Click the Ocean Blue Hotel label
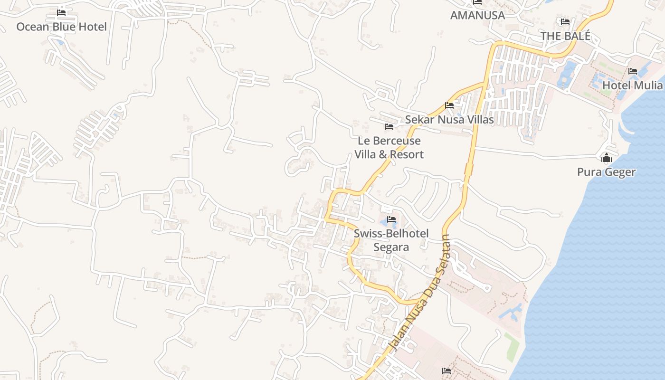[61, 27]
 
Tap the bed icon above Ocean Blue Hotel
[61, 12]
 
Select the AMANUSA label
[477, 15]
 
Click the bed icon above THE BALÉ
[565, 22]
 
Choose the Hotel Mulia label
[632, 85]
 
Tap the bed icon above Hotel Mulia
[632, 71]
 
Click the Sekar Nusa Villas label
[449, 120]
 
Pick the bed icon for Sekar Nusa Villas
[449, 105]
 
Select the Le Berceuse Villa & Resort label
[389, 148]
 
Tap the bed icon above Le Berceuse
[389, 127]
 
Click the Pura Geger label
[606, 172]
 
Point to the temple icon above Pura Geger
[606, 158]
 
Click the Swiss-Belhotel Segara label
[391, 240]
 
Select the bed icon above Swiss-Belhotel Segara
[391, 219]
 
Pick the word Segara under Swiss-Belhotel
[391, 247]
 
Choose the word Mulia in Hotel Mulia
[646, 85]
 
